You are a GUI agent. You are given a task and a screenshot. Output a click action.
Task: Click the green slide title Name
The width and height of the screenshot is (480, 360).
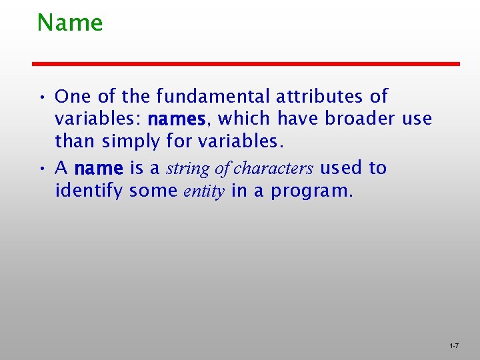point(70,23)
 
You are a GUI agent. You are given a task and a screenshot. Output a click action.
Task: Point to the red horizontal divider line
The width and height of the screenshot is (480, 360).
point(247,63)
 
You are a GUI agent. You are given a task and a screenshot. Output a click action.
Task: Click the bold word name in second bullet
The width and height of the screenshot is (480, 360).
point(99,169)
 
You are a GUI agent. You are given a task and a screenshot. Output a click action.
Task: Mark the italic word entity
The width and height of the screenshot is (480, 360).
point(206,192)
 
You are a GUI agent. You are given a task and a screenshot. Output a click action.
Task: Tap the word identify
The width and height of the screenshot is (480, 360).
point(89,192)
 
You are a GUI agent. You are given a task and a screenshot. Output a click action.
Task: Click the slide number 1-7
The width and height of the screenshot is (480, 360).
point(453,346)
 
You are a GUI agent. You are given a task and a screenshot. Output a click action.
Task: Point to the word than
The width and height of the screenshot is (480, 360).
point(75,142)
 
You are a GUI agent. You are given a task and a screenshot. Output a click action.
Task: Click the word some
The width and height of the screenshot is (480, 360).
point(153,192)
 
